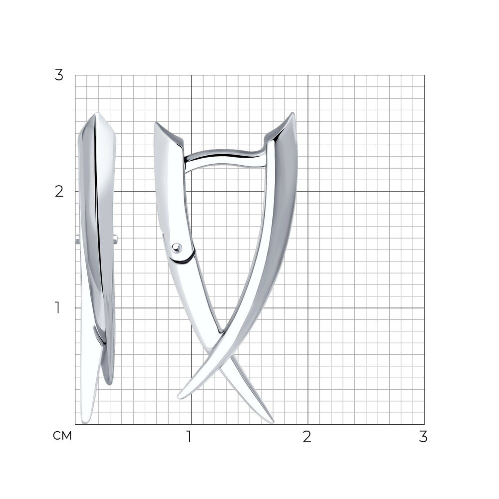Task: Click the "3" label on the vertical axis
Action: point(59,75)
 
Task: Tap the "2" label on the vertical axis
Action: point(59,192)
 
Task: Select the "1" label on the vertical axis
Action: point(57,308)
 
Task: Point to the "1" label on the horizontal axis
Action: point(189,437)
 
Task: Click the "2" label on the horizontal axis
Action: point(306,437)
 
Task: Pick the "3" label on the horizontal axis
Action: point(423,437)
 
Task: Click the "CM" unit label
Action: point(62,436)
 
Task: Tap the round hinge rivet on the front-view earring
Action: point(176,248)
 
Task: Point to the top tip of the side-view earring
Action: point(97,113)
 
